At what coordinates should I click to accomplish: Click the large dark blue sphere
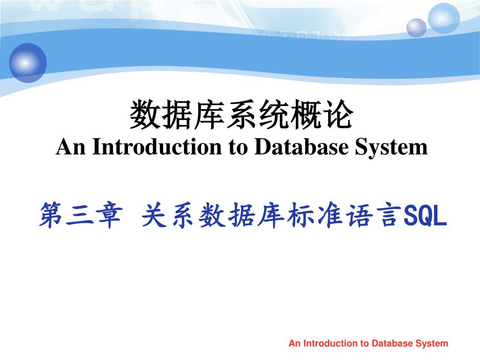[x=28, y=63]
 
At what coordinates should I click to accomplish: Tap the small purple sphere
[x=416, y=28]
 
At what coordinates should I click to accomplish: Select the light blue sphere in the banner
[x=443, y=18]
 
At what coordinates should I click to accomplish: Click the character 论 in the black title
[x=339, y=114]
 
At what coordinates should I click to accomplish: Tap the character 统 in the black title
[x=274, y=114]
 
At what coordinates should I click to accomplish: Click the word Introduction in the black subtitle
[x=157, y=147]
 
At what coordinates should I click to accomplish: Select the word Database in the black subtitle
[x=301, y=147]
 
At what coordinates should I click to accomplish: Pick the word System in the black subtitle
[x=391, y=148]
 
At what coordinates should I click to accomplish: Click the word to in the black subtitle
[x=238, y=147]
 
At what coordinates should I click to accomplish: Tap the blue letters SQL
[x=425, y=216]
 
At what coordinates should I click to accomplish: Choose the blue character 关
[x=154, y=215]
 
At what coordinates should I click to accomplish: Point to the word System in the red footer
[x=432, y=344]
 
